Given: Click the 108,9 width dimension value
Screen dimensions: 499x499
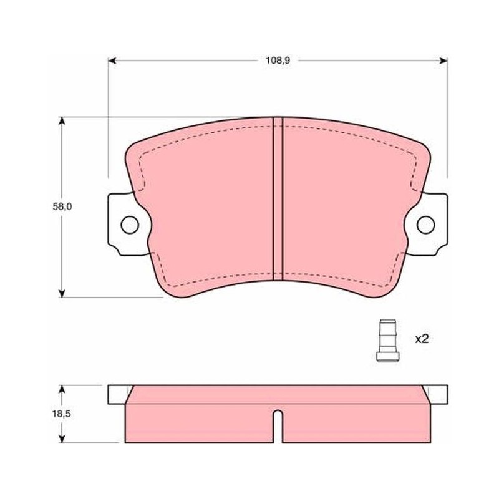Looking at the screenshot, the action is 278,61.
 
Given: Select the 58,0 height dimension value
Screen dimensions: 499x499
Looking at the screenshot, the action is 62,207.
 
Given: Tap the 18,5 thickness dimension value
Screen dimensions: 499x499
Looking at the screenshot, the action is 61,414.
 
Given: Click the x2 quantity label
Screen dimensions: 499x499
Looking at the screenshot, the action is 422,339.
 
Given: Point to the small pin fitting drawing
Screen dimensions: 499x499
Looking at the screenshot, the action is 387,341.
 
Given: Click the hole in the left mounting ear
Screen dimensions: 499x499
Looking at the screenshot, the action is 130,225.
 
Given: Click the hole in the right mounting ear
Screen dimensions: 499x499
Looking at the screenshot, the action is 425,225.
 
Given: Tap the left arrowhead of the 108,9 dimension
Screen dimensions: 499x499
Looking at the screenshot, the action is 112,61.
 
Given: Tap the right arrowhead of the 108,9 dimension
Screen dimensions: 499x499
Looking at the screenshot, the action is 443,61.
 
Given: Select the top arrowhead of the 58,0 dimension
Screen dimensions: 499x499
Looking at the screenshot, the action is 62,120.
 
